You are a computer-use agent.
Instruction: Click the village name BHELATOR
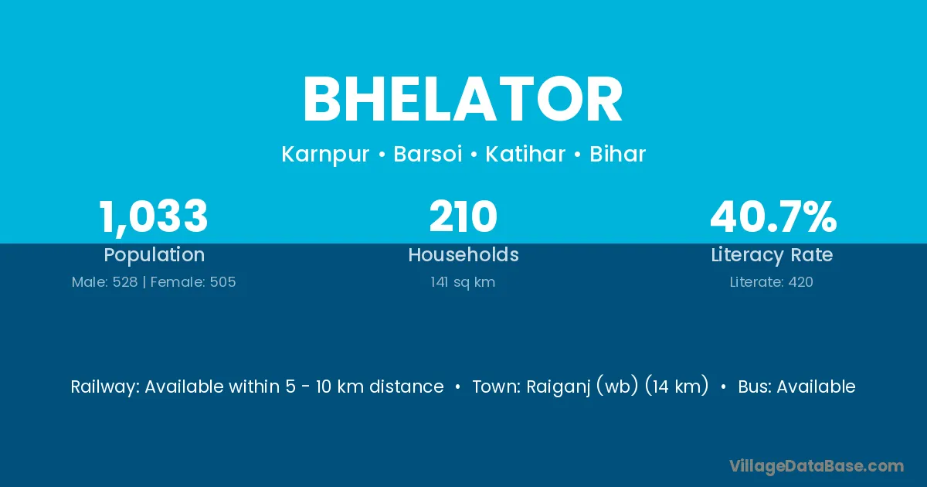(463, 100)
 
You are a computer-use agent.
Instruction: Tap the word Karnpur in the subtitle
(325, 155)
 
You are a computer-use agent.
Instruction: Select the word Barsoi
(427, 154)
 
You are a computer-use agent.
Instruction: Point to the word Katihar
(525, 154)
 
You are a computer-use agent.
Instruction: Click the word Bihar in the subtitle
(617, 154)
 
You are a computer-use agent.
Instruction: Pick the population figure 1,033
(153, 217)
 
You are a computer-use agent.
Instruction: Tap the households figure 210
(463, 216)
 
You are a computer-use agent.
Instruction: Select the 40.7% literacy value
(773, 216)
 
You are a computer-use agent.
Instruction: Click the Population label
(154, 255)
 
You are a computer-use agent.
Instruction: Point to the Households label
(463, 254)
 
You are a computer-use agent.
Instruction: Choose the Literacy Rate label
(772, 255)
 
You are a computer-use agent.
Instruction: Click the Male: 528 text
(104, 282)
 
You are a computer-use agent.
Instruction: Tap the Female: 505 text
(193, 282)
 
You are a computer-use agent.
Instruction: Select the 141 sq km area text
(463, 282)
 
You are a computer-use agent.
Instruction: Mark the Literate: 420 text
(772, 282)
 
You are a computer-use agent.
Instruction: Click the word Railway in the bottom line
(105, 387)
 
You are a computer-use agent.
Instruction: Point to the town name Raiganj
(559, 387)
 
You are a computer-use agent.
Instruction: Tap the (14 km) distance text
(677, 387)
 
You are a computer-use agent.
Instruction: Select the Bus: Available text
(796, 387)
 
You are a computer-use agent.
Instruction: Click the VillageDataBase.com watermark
(817, 466)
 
